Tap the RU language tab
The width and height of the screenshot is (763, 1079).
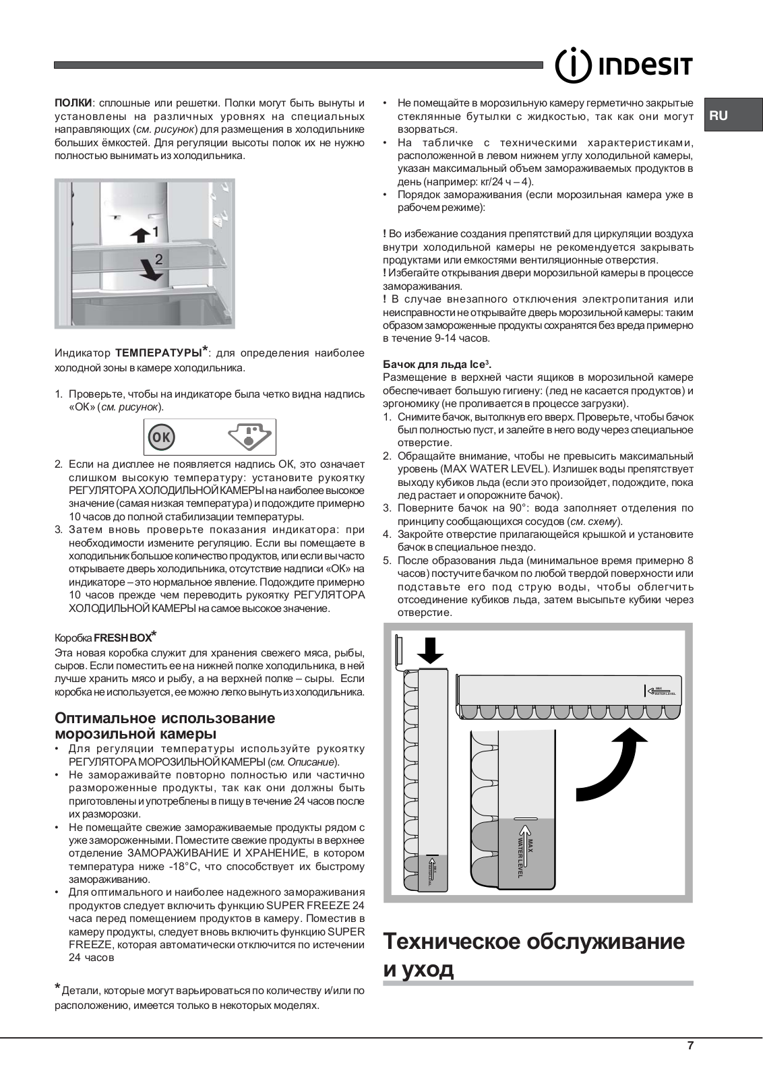coord(719,115)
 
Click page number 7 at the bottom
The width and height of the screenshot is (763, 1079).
coord(690,1046)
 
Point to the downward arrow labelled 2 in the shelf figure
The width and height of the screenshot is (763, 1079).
coord(153,269)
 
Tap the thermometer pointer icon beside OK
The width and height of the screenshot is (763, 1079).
coord(249,436)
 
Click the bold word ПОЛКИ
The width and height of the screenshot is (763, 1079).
coord(73,103)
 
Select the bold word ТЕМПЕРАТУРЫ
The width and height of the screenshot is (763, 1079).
coord(158,352)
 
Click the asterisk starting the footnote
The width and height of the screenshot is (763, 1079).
coord(57,988)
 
